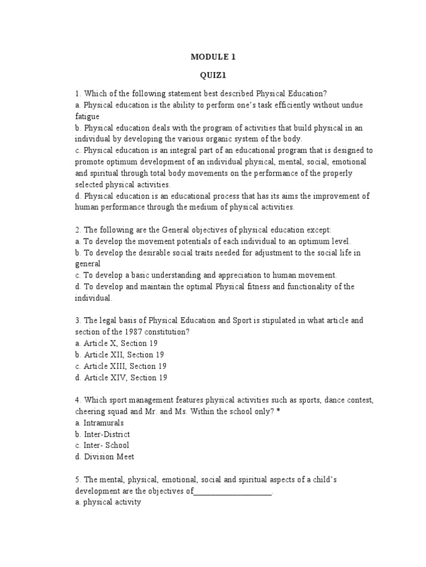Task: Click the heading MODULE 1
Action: [212, 56]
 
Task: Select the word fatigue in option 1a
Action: [88, 116]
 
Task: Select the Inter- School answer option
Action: [102, 445]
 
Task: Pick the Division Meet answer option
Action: [104, 457]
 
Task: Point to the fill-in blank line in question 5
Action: [233, 491]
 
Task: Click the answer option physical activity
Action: [108, 503]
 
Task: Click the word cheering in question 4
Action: [93, 411]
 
